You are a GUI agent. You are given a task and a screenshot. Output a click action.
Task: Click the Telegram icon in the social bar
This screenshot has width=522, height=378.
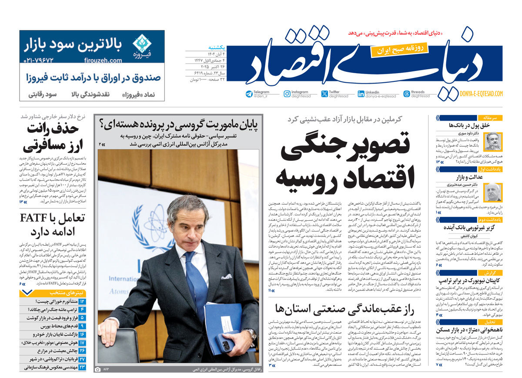[249, 94]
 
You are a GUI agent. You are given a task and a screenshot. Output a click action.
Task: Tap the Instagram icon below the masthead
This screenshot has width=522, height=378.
[287, 94]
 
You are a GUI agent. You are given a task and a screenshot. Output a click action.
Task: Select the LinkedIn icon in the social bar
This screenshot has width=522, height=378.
[361, 94]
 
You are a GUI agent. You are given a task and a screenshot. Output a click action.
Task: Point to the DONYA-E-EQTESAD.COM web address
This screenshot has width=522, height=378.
[481, 94]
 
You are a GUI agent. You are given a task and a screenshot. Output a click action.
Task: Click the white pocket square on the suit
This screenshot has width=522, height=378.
[226, 277]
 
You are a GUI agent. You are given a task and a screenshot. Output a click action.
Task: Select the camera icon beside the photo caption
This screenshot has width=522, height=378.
[98, 369]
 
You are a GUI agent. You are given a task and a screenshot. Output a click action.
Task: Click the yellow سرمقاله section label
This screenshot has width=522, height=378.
[490, 118]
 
